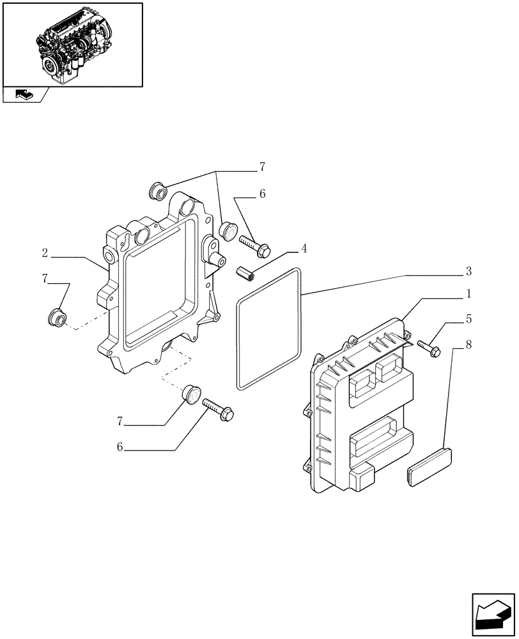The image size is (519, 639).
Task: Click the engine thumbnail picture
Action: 72,44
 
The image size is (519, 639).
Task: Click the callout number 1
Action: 468,295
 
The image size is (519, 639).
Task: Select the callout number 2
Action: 45,253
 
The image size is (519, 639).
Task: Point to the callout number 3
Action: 468,272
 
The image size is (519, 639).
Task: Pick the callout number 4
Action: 304,248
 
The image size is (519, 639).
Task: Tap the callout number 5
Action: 468,318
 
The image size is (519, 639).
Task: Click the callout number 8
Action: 468,344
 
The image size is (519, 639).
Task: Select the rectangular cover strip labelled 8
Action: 429,466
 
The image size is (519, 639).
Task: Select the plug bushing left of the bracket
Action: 58,316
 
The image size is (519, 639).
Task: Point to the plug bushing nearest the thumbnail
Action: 157,190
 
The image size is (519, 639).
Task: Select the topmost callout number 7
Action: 261,168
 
